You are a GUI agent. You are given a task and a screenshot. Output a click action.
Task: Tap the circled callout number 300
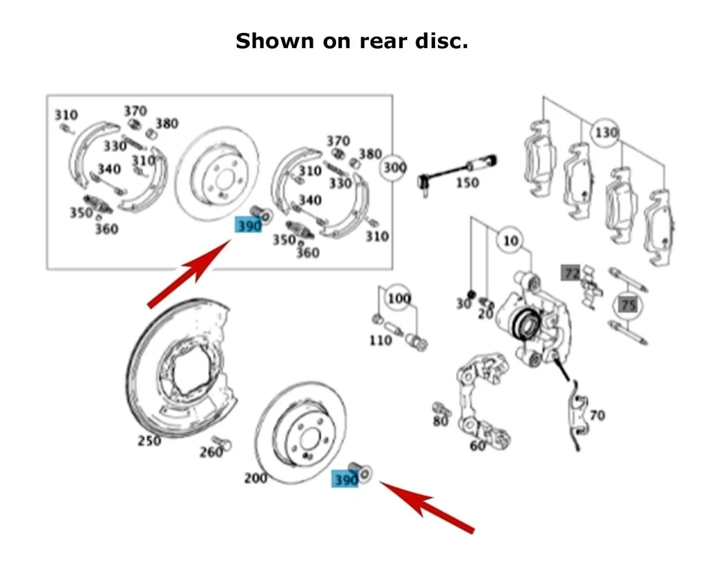(x=394, y=166)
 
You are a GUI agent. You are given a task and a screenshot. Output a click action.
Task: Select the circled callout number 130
(x=607, y=133)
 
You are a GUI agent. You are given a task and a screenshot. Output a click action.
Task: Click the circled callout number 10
(x=510, y=241)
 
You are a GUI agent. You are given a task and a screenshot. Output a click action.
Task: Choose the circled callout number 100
(x=399, y=299)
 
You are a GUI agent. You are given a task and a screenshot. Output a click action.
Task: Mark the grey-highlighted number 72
(x=571, y=274)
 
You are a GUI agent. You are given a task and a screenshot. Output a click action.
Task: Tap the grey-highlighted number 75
(x=628, y=304)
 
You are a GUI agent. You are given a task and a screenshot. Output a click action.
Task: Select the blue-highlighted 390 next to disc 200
(x=345, y=479)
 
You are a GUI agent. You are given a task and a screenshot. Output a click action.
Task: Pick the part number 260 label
(x=211, y=452)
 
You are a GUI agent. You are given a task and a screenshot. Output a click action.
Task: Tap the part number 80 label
(x=439, y=421)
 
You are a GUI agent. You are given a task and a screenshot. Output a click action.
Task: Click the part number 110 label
(x=380, y=340)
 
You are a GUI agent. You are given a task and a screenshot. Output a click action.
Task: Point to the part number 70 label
(x=597, y=415)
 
